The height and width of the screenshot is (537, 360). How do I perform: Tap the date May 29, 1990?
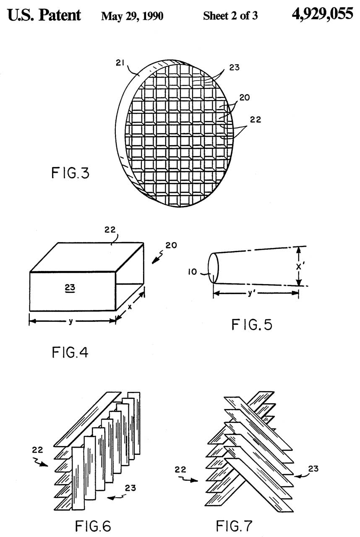132,16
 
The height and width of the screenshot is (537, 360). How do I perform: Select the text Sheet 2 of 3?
230,16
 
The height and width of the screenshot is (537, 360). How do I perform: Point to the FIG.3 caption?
70,173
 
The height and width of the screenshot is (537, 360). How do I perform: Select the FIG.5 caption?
252,324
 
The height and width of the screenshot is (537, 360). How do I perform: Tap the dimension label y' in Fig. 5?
256,293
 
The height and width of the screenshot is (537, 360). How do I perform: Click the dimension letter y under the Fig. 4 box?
71,321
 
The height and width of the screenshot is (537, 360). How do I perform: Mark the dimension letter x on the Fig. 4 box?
130,307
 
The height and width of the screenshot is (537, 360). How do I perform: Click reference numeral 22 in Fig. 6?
37,450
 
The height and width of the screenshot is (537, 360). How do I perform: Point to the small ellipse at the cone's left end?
212,268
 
